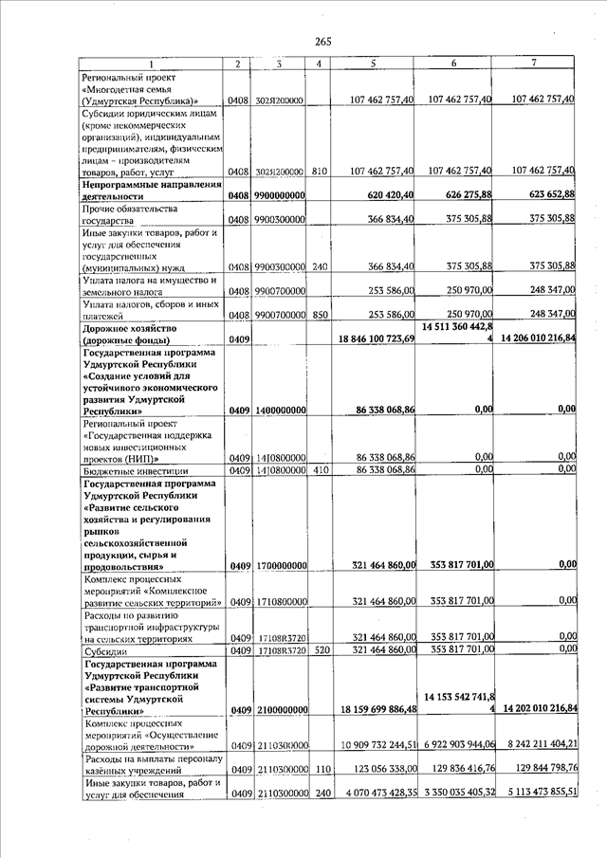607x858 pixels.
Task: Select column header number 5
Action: point(375,64)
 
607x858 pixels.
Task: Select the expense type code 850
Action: point(319,314)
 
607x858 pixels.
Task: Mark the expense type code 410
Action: point(319,470)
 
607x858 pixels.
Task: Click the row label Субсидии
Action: point(102,649)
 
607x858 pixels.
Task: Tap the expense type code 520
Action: point(319,649)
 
